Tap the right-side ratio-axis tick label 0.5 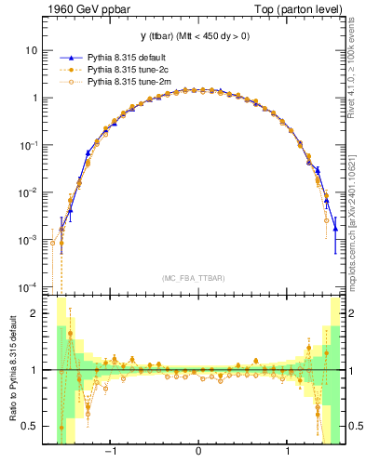coord(354,427)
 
